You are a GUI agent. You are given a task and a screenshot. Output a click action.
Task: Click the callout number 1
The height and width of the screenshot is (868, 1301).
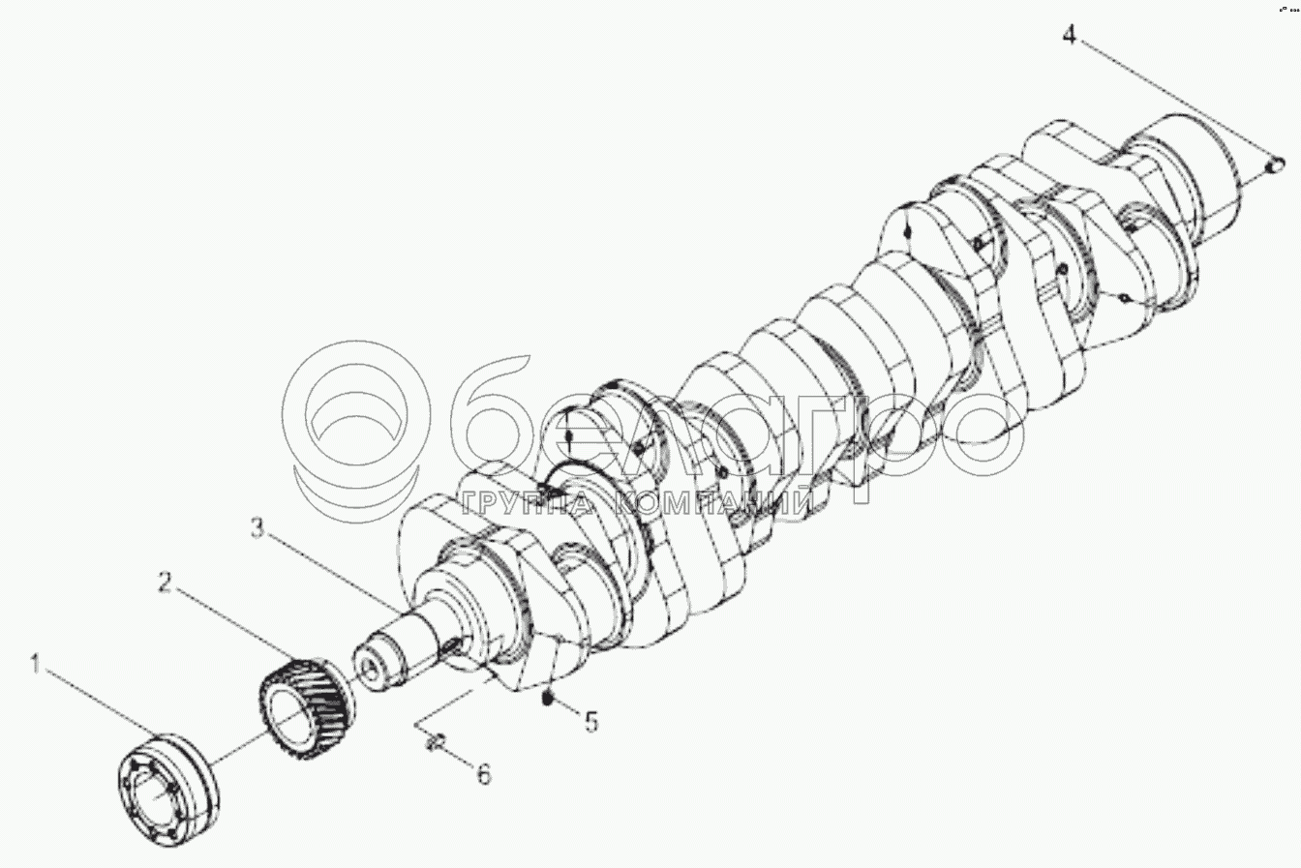point(37,666)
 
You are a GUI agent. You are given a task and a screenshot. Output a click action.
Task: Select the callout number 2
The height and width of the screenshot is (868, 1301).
point(165,584)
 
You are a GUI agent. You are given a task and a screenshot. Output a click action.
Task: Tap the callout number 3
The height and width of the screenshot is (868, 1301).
point(257,528)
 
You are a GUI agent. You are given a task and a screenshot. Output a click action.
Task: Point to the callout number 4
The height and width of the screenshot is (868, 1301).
point(1069,35)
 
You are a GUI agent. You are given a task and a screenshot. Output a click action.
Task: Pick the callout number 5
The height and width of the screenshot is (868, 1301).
point(591,721)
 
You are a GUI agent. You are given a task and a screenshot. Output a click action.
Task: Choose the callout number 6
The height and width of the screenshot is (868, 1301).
point(483,774)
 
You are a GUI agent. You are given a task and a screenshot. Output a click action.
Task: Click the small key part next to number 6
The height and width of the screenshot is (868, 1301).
point(435,742)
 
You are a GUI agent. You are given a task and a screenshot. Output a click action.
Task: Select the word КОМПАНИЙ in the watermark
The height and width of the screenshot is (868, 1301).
point(712,501)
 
